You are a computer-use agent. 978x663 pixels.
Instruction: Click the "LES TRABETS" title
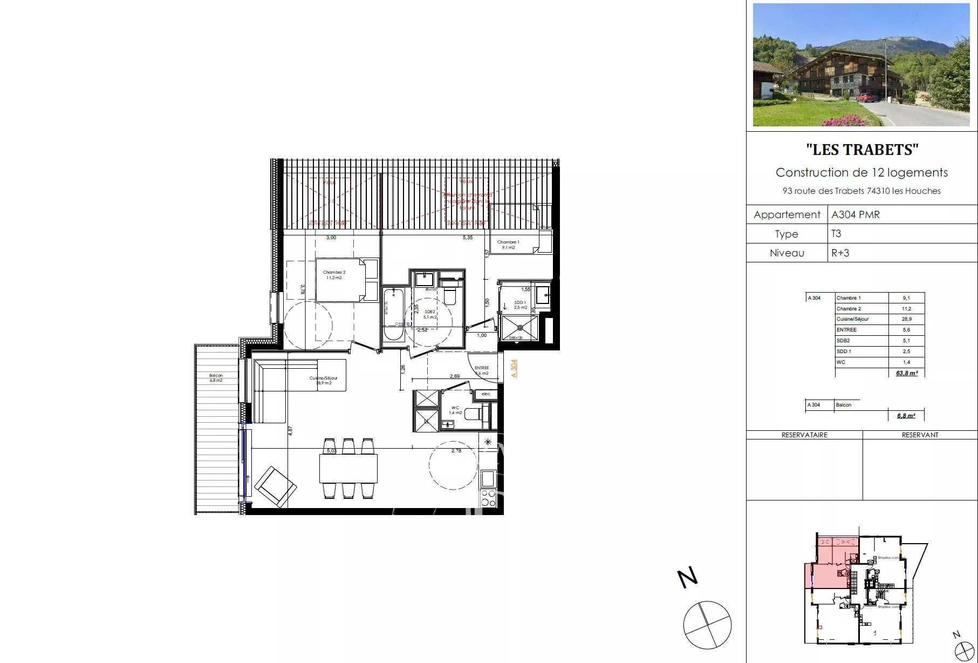[861, 150]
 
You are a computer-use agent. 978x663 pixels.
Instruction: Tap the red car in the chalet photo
[865, 97]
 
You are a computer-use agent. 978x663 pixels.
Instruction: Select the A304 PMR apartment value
[856, 214]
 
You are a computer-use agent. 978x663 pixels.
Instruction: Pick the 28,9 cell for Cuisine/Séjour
[906, 319]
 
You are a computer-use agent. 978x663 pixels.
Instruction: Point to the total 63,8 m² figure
[906, 373]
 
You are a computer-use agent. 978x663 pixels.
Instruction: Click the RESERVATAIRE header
[804, 435]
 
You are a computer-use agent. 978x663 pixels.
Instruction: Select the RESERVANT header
[920, 435]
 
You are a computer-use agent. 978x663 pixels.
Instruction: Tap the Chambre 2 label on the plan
[334, 275]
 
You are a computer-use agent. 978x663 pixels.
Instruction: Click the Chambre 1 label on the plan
[508, 245]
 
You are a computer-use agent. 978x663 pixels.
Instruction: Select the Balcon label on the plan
[216, 377]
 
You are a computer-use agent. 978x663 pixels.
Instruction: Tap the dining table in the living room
[348, 468]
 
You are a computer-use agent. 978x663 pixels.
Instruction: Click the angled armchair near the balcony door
[275, 486]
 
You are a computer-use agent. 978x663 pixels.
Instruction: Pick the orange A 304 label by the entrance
[514, 368]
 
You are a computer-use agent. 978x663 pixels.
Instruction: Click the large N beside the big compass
[688, 578]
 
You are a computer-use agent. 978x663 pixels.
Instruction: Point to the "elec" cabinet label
[486, 394]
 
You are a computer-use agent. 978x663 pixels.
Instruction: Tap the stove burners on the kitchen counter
[488, 498]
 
